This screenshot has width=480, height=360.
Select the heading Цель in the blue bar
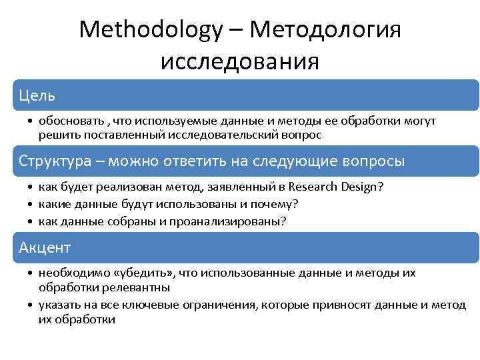point(37,95)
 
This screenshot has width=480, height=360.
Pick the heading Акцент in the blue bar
point(45,248)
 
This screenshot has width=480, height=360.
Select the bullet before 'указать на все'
point(32,305)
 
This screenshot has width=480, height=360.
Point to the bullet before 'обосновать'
point(32,121)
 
